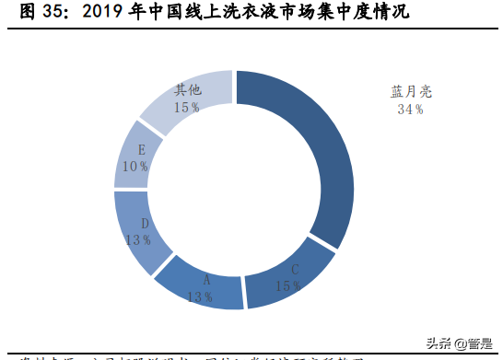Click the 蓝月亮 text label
(x=410, y=92)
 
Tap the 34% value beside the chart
(x=410, y=110)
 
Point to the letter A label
(x=206, y=281)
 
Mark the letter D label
(x=145, y=223)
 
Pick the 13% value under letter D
(x=139, y=239)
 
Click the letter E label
(x=140, y=149)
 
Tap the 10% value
(x=135, y=166)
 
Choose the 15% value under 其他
(x=187, y=107)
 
